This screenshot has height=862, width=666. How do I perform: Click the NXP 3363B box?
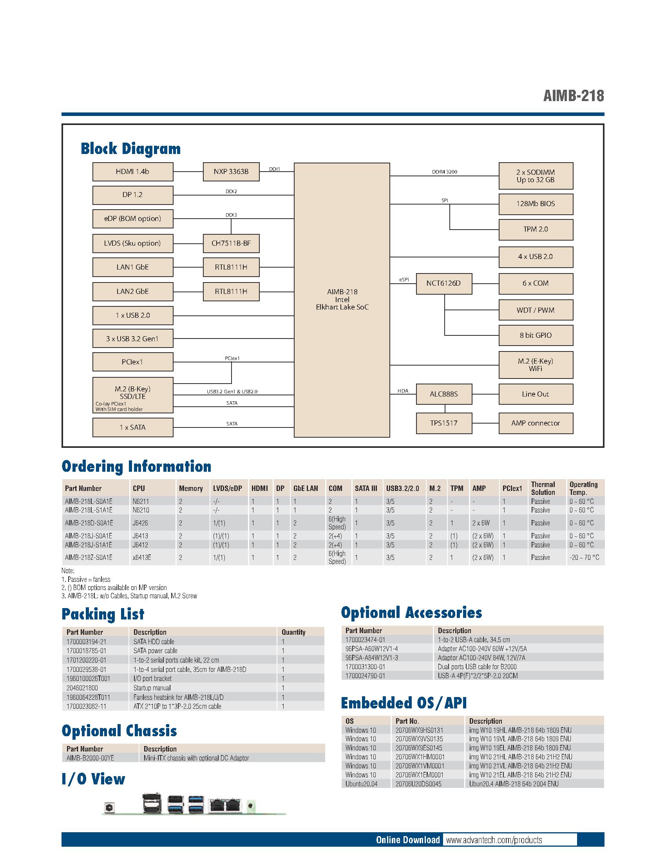[231, 172]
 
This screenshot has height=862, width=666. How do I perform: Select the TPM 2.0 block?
[536, 229]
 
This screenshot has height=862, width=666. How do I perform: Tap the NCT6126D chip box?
[443, 283]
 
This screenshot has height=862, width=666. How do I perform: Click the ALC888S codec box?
[443, 394]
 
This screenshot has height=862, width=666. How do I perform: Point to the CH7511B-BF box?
[231, 243]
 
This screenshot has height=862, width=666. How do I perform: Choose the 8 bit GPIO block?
[536, 335]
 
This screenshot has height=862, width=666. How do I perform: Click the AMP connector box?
[536, 423]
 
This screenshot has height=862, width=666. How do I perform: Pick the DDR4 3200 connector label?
[444, 172]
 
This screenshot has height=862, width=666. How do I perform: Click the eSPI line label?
[404, 279]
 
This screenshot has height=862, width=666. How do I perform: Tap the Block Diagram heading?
[130, 149]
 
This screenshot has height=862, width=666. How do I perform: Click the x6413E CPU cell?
[142, 557]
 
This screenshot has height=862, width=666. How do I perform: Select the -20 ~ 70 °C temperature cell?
[585, 557]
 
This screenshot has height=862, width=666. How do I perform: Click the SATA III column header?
[366, 488]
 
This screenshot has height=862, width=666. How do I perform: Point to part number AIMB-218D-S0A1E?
[89, 523]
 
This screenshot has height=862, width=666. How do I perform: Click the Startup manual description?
[152, 688]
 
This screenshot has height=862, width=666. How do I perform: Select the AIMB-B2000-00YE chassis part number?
[90, 758]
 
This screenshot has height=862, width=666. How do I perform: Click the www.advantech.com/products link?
[494, 840]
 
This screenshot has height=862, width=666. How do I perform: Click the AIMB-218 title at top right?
[573, 96]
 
